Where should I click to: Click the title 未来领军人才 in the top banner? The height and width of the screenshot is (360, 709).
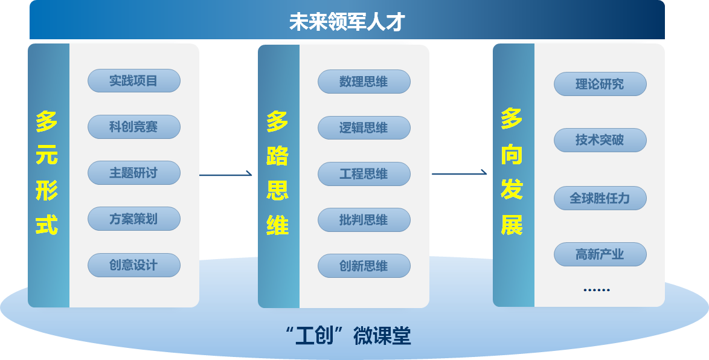click(347, 22)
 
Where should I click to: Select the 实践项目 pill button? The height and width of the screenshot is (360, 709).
click(133, 81)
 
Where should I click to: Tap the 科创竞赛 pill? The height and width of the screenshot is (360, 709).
click(133, 127)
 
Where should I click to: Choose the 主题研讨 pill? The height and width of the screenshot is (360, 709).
click(133, 173)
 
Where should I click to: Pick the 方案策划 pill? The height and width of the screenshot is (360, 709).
click(133, 219)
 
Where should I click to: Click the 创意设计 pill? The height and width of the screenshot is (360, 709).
click(133, 265)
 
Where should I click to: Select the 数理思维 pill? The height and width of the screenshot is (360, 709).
click(364, 82)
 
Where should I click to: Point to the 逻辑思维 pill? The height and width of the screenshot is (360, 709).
click(364, 128)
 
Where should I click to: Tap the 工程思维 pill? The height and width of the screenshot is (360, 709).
click(364, 174)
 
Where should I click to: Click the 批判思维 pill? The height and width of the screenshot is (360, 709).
click(364, 220)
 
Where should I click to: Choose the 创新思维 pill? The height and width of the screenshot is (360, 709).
click(364, 266)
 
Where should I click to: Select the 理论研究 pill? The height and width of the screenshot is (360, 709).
click(600, 84)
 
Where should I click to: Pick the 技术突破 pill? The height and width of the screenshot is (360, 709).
click(600, 140)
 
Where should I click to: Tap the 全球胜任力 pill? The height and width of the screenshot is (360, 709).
click(600, 198)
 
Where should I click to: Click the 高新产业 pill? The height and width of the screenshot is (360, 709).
click(600, 254)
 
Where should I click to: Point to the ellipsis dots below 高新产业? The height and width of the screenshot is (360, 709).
click(597, 290)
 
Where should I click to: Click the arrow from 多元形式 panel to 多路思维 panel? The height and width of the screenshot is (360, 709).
click(225, 175)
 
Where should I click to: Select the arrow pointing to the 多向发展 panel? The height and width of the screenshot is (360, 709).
click(459, 174)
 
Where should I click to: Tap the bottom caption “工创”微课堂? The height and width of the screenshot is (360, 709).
click(348, 336)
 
